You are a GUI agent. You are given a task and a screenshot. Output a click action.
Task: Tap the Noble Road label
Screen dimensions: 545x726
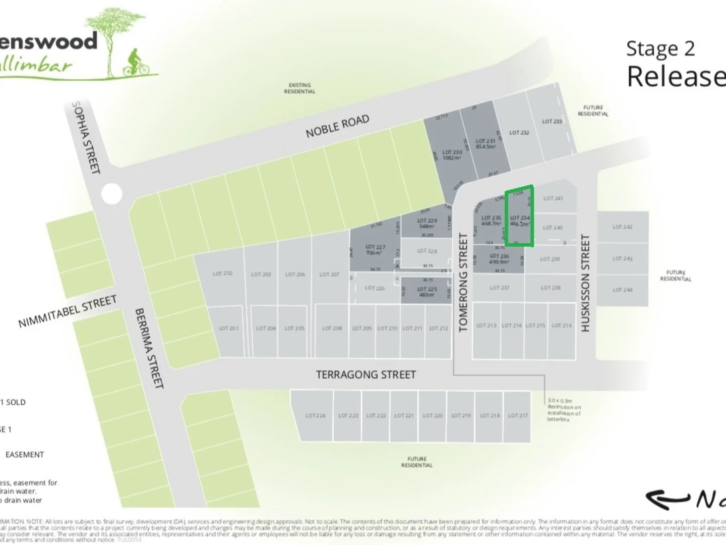point(337,126)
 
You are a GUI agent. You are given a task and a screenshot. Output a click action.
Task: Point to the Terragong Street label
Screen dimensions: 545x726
point(366,374)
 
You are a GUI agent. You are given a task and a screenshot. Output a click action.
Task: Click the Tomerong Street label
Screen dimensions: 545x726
point(463,283)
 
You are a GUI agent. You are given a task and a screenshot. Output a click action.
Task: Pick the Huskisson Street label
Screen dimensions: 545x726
point(585,283)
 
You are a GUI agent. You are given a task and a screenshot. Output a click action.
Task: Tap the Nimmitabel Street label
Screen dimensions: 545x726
point(68,311)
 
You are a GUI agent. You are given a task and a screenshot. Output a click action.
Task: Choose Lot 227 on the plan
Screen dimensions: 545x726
point(375,250)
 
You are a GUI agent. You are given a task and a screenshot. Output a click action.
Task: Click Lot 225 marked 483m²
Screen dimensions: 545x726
point(427,292)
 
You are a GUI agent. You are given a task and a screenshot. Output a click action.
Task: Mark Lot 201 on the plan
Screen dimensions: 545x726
point(228,328)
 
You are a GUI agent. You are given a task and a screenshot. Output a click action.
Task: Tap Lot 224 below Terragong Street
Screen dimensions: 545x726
point(315,416)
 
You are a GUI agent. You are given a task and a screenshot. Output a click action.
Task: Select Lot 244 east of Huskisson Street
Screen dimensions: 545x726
point(622,290)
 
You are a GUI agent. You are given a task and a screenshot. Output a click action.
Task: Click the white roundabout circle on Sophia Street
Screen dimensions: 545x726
point(111,194)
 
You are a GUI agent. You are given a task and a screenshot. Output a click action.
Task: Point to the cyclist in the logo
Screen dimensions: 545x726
point(135,63)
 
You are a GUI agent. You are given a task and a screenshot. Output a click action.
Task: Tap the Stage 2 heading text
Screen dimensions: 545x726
point(660,48)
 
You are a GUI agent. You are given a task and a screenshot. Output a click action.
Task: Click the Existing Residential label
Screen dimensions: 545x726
point(299,88)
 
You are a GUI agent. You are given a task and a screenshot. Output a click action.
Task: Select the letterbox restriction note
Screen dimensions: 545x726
point(564,410)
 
